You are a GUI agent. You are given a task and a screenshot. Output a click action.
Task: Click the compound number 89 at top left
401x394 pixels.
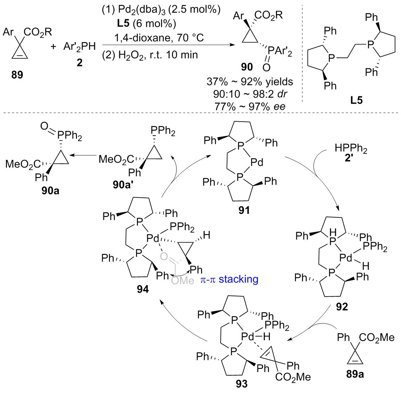(x=17, y=74)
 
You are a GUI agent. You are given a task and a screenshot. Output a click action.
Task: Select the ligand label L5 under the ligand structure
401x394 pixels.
(x=356, y=100)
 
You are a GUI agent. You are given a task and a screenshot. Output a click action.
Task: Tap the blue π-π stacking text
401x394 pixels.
(x=229, y=279)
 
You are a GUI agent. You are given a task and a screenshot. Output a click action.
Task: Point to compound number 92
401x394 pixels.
(x=342, y=307)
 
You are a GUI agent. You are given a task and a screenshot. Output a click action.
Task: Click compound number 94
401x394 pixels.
(x=143, y=289)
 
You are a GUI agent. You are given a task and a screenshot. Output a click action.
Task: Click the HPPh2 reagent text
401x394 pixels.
(x=351, y=148)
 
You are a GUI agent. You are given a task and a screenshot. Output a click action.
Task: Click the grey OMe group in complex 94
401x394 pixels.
(x=183, y=280)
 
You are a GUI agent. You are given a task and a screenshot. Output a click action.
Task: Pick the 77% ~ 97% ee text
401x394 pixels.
(x=250, y=106)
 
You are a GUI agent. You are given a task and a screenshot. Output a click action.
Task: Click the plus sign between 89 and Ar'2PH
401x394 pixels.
(x=53, y=47)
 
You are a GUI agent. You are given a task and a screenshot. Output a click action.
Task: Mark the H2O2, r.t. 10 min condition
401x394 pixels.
(x=150, y=55)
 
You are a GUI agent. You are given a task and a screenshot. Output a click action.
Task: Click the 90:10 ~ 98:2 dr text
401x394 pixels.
(x=250, y=94)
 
